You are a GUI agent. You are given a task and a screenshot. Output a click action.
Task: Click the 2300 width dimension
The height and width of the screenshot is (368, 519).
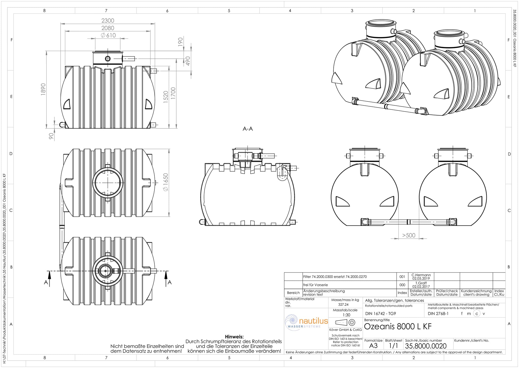coord(108,21)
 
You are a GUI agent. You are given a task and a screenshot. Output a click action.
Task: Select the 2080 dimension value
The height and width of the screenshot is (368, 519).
coord(108,28)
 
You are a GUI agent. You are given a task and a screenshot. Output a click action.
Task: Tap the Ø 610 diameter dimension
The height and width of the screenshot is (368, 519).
coord(108,35)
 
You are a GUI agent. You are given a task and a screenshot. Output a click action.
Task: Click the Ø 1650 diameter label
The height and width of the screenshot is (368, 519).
coord(166,182)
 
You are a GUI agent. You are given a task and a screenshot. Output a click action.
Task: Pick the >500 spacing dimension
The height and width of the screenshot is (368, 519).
coord(409,235)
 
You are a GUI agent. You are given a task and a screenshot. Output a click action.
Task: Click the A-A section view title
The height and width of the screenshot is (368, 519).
coord(248,129)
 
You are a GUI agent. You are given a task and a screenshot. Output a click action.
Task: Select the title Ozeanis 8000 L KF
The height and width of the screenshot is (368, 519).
coord(398,327)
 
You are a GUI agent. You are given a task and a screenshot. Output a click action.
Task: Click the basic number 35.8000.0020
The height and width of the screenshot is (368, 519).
coord(426,346)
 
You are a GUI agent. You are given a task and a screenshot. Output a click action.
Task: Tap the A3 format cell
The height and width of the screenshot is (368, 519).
coord(373,346)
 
